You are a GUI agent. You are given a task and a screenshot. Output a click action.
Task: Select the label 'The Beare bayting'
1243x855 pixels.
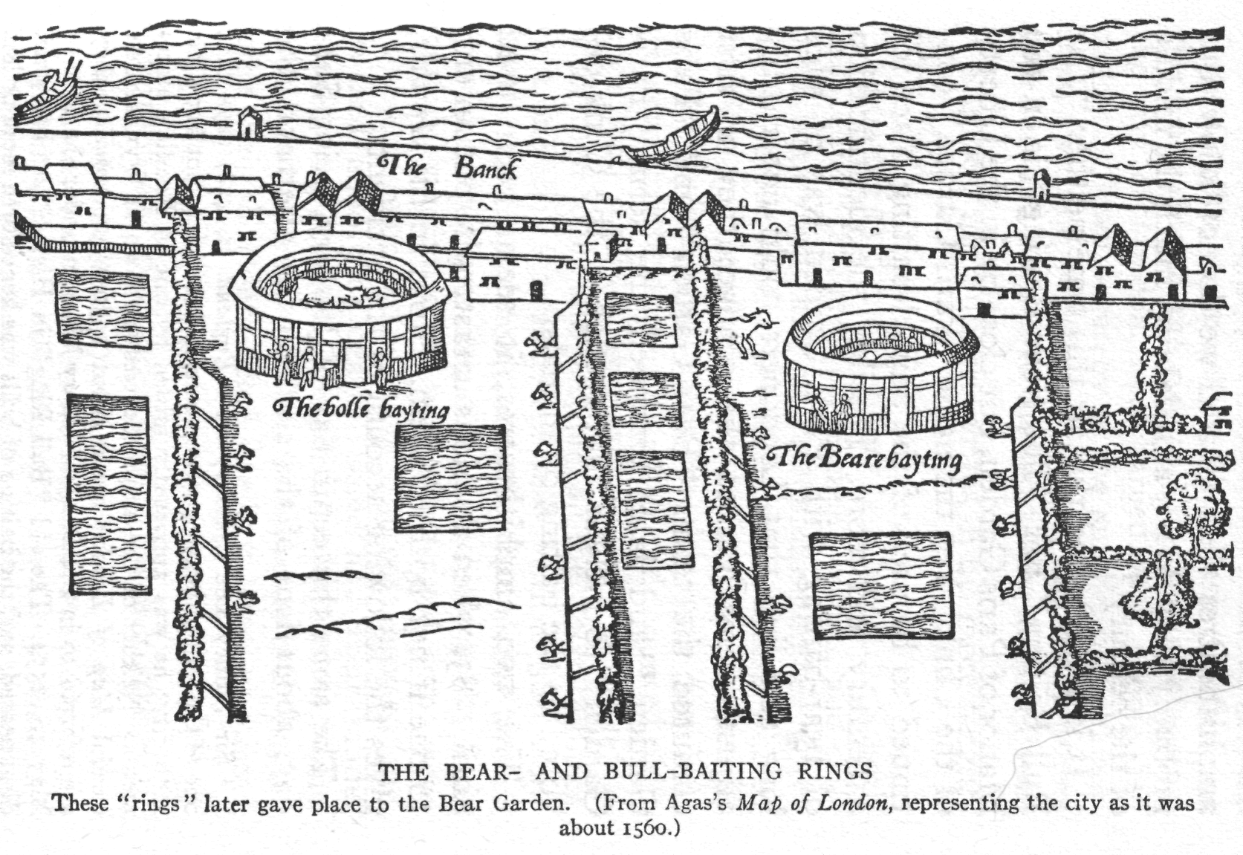point(865,459)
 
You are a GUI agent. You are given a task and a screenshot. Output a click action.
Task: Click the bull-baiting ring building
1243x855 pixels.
point(339,308)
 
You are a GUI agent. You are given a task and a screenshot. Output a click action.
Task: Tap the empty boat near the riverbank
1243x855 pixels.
point(672,138)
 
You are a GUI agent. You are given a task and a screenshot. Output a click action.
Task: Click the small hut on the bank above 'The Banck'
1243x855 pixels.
point(250,123)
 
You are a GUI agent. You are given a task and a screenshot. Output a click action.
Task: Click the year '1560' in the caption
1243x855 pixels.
point(643,829)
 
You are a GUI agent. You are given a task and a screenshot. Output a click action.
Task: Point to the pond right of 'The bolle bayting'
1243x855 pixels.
point(450,478)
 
